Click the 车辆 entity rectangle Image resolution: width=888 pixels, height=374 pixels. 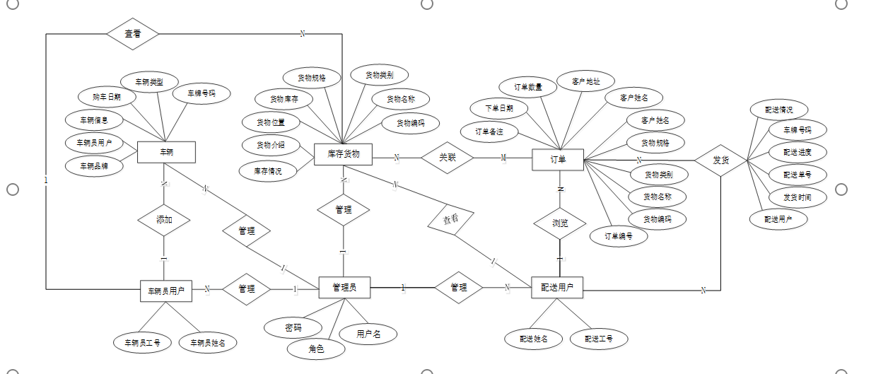pyautogui.click(x=166, y=152)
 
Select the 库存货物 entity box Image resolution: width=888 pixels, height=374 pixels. pyautogui.click(x=344, y=154)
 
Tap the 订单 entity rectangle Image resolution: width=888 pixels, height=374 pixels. pyautogui.click(x=558, y=159)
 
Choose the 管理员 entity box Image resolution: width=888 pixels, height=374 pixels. pyautogui.click(x=344, y=287)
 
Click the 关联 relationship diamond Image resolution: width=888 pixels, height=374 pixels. pyautogui.click(x=447, y=158)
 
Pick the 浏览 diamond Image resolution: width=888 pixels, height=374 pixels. pyautogui.click(x=559, y=223)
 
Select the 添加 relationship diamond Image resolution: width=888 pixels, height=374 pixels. pyautogui.click(x=164, y=220)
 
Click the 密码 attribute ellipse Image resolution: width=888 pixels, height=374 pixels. pyautogui.click(x=293, y=327)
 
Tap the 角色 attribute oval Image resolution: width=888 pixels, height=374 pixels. pyautogui.click(x=316, y=349)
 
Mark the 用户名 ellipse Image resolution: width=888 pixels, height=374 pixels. pyautogui.click(x=368, y=334)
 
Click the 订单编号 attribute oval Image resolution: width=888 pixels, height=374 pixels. pyautogui.click(x=617, y=236)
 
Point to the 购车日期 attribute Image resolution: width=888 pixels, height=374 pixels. pyautogui.click(x=106, y=96)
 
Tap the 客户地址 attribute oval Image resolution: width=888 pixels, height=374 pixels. pyautogui.click(x=586, y=81)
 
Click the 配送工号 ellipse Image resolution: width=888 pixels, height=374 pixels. pyautogui.click(x=599, y=339)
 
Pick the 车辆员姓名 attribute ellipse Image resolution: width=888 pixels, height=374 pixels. pyautogui.click(x=208, y=343)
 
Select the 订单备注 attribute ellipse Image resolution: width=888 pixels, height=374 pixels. pyautogui.click(x=489, y=132)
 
